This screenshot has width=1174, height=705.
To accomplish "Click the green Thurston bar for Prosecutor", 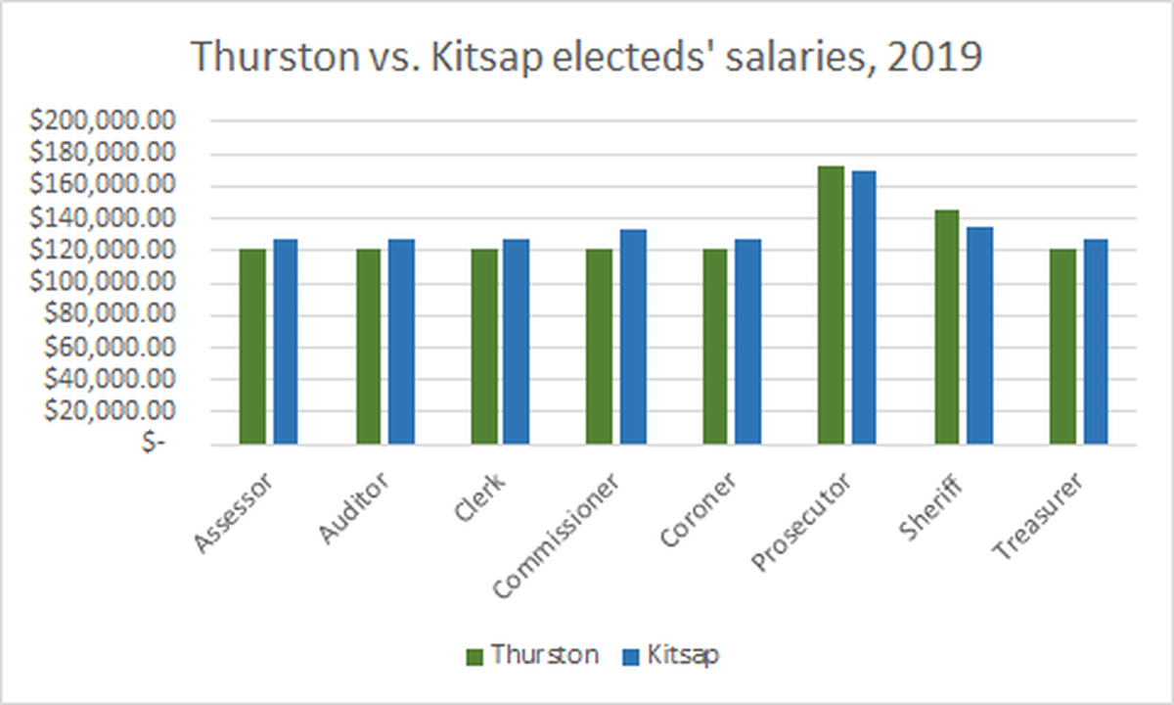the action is coord(831,305).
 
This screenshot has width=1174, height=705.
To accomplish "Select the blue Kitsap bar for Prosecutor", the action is coord(864,307).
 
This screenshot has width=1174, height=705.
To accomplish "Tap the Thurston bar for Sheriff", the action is coord(947,327).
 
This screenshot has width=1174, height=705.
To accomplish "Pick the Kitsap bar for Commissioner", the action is coord(633,337).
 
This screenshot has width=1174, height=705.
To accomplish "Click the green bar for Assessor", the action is coord(252,347).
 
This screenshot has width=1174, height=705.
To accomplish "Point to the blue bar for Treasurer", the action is coord(1096,342).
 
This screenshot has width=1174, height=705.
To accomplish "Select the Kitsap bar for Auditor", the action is coord(401,342).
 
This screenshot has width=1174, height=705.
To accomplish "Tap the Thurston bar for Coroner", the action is coord(715,347).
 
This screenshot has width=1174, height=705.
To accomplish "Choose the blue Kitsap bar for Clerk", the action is coord(517,342).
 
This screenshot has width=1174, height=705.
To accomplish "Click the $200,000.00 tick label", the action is coord(102,120).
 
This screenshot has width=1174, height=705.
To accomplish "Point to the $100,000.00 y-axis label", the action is coord(102,282).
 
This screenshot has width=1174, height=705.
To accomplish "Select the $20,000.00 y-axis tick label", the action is coord(109,410).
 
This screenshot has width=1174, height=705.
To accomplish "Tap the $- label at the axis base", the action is coord(153,444).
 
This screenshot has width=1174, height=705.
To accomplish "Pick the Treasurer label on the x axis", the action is coord(1037,516).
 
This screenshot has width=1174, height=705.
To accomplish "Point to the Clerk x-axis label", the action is coord(479,496).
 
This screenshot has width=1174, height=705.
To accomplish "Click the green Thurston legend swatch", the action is coord(474,657).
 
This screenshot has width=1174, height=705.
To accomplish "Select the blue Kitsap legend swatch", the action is coord(631,657).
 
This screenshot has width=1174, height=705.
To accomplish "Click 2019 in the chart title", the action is coord(934,57).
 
